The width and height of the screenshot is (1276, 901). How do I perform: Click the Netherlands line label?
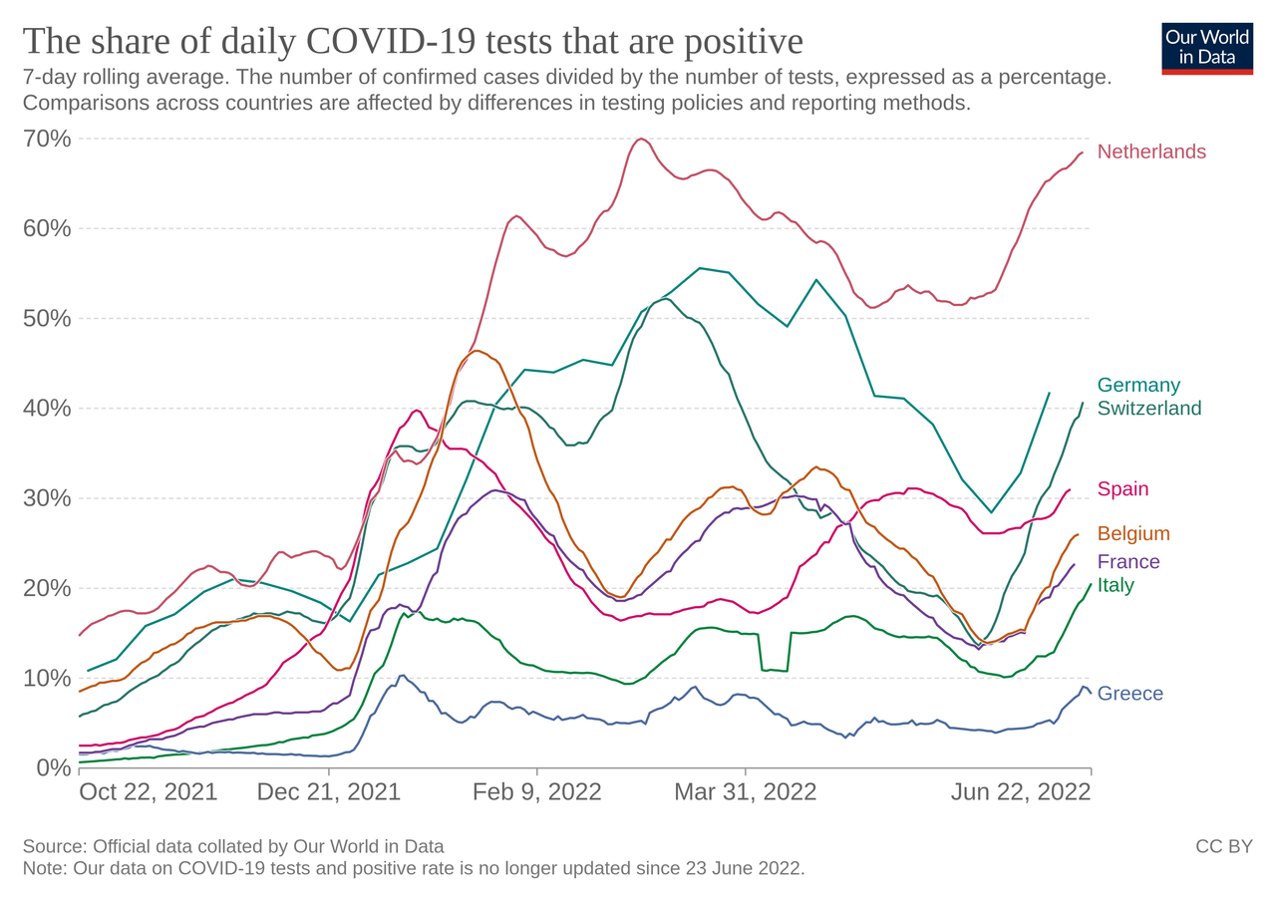click(x=1151, y=151)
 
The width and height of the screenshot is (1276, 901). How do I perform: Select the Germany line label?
click(x=1138, y=385)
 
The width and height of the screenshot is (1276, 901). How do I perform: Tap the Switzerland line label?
click(x=1149, y=408)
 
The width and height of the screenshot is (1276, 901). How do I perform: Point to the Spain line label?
click(x=1122, y=488)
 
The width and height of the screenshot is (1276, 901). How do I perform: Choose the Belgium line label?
click(x=1133, y=533)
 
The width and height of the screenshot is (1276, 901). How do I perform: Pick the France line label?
click(x=1128, y=561)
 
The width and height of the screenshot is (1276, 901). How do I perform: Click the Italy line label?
click(x=1116, y=585)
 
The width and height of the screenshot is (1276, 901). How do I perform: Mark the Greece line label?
click(x=1129, y=694)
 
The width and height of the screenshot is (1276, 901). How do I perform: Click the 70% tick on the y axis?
click(x=47, y=139)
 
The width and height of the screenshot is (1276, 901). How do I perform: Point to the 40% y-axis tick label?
click(x=47, y=408)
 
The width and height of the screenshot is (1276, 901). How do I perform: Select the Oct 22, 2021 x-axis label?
click(x=149, y=792)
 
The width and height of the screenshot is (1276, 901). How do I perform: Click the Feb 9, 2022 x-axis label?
click(x=536, y=792)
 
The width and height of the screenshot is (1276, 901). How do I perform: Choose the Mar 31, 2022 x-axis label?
click(x=745, y=792)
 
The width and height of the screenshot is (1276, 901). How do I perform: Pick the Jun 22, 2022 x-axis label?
click(x=1020, y=792)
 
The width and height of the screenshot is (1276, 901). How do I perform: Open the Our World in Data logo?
click(x=1207, y=48)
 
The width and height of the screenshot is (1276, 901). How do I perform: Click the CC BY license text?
click(x=1224, y=846)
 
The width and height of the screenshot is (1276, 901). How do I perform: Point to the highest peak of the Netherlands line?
click(x=641, y=140)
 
